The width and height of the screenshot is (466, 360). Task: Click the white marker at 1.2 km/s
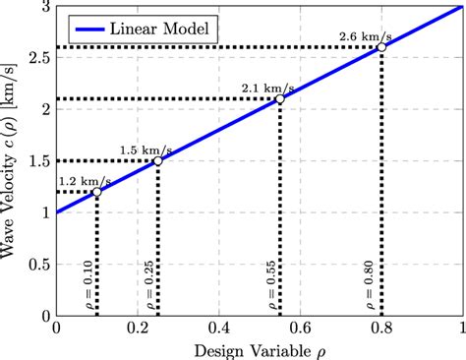(x=96, y=192)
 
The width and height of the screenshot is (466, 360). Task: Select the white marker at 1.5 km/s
(x=157, y=160)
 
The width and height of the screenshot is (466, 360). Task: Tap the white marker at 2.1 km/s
(x=280, y=98)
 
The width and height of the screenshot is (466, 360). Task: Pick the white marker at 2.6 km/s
(x=381, y=47)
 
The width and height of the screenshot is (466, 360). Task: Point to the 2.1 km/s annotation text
(x=259, y=88)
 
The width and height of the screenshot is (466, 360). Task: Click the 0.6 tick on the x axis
(x=300, y=328)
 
